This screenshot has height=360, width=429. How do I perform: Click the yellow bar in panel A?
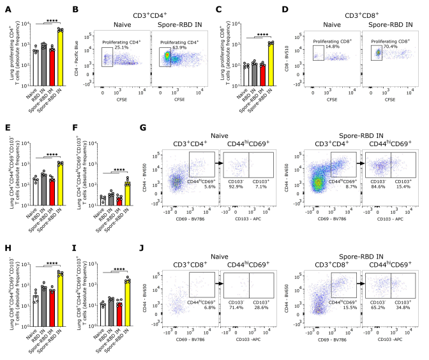click(x=60, y=57)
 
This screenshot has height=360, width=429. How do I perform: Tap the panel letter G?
click(x=146, y=128)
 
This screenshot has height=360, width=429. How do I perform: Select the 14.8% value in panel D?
click(x=328, y=47)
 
